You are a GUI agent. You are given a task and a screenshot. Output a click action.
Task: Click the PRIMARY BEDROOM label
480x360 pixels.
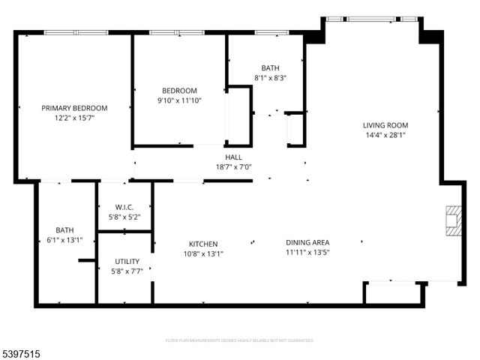[74, 108]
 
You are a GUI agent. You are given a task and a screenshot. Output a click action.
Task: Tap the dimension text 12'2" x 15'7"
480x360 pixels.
[74, 118]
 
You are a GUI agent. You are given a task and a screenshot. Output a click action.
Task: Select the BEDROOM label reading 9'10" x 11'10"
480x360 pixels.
[179, 91]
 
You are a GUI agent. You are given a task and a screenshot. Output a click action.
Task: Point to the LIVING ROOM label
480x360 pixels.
[385, 125]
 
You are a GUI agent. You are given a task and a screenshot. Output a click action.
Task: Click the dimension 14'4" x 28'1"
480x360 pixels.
[385, 135]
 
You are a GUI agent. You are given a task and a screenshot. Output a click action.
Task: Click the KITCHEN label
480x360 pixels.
[203, 244]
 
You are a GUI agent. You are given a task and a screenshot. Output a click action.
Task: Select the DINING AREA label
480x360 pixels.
[307, 242]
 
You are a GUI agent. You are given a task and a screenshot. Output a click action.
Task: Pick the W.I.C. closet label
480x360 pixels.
[124, 207]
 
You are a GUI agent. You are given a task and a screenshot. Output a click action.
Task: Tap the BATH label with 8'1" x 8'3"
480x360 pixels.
[270, 67]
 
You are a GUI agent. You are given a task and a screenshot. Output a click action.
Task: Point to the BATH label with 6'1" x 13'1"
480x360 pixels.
[64, 230]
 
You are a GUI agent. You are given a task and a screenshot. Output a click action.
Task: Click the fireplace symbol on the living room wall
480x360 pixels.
[453, 221]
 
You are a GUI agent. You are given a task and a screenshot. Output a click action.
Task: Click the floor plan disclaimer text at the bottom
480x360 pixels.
[240, 340]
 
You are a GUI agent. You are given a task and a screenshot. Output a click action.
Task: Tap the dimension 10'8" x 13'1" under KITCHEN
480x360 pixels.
[203, 253]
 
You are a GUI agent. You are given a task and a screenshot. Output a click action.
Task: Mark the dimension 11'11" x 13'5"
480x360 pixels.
[307, 253]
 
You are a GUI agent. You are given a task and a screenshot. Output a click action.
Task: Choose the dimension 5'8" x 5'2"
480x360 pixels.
[124, 217]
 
